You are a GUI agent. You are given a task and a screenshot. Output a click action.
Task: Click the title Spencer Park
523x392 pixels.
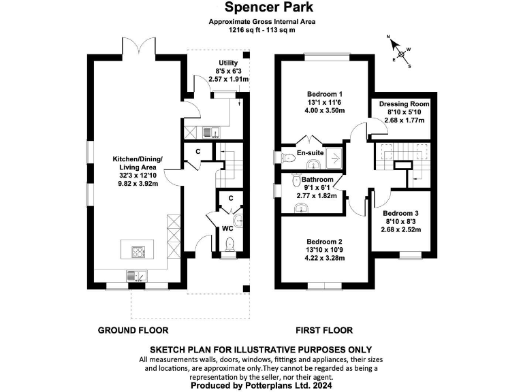[261, 7]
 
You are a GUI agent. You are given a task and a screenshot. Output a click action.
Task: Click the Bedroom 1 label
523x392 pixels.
[324, 93]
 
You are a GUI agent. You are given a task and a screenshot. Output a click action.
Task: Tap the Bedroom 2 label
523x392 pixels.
[324, 242]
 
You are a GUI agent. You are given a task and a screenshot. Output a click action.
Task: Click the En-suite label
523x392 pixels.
[310, 154]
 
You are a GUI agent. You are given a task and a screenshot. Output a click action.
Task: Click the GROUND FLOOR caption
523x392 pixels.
[133, 331]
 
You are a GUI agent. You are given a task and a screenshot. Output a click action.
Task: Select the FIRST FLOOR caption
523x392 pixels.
[324, 331]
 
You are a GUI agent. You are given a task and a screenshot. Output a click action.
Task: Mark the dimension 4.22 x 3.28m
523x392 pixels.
[324, 258]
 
